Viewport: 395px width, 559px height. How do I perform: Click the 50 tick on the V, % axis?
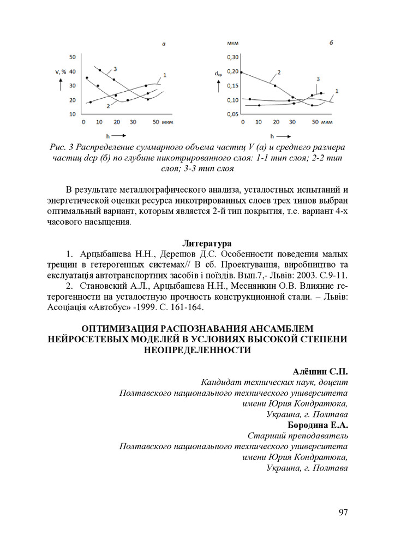72,57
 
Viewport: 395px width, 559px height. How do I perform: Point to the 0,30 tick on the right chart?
233,57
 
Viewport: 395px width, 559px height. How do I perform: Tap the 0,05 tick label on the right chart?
233,114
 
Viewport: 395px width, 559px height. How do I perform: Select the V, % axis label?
61,72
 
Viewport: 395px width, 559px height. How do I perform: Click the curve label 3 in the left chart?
115,68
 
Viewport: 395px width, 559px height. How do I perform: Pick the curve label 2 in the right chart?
278,72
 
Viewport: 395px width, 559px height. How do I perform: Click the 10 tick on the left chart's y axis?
72,114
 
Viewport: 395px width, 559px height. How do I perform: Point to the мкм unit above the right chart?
233,43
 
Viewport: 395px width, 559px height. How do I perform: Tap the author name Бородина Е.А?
318,425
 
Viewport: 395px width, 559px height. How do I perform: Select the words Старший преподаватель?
298,436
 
